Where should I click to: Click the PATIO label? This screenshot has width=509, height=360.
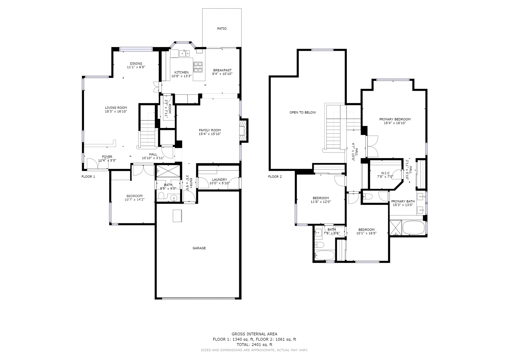(222, 29)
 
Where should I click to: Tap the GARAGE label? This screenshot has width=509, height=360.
(199, 248)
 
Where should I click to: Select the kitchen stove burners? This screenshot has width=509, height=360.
(198, 67)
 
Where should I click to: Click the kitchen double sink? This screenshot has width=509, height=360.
(184, 53)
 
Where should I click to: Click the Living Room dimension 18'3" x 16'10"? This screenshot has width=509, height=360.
(116, 111)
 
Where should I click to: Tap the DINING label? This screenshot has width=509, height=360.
(136, 63)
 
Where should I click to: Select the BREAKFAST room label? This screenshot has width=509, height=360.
(222, 70)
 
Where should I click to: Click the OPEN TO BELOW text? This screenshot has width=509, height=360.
(303, 112)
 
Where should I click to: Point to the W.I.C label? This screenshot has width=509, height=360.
(385, 173)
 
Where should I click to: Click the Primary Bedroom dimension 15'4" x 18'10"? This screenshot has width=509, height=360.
(395, 123)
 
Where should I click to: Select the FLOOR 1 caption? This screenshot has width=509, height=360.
(88, 176)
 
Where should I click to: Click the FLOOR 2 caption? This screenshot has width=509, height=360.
(275, 176)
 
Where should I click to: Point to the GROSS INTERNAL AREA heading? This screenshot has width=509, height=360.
(254, 334)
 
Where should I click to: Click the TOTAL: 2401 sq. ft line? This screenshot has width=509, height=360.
(254, 344)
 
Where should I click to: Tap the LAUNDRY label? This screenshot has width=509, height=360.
(220, 180)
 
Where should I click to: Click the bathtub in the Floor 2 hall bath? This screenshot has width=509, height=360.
(325, 255)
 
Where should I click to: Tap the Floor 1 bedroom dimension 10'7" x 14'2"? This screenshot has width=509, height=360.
(135, 200)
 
